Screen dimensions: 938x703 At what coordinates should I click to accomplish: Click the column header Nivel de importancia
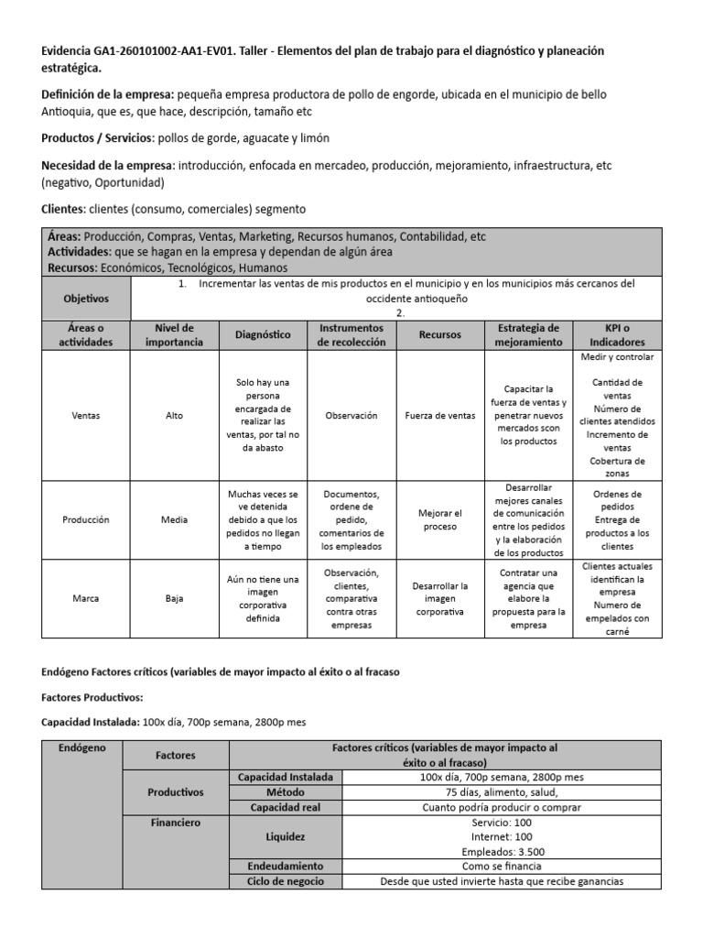tap(174, 334)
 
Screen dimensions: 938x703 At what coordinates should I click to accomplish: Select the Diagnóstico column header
tap(262, 334)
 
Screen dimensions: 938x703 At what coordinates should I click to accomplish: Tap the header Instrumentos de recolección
tap(351, 334)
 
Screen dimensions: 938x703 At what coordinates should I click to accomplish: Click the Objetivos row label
tap(85, 299)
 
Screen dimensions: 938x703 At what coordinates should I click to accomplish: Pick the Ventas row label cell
tap(85, 415)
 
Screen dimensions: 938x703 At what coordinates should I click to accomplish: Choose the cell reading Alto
tap(174, 415)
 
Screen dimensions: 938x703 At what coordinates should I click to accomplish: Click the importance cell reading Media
tap(174, 519)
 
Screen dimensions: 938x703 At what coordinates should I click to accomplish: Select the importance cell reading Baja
tap(174, 599)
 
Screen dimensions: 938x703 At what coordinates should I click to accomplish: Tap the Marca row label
tap(85, 599)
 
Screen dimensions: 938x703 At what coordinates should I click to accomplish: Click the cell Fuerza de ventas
tap(440, 415)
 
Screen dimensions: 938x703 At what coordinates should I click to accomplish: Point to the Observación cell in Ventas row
tap(351, 415)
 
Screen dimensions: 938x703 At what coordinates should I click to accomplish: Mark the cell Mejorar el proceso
tap(440, 519)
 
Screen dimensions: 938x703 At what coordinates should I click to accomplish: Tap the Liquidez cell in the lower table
tap(286, 837)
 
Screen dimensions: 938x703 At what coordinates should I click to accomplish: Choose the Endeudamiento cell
tap(286, 866)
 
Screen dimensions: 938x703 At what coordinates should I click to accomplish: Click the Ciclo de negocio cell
tap(286, 881)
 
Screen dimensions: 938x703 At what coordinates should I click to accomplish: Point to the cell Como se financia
tap(501, 866)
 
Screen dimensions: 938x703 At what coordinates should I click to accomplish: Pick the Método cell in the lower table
tap(286, 791)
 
